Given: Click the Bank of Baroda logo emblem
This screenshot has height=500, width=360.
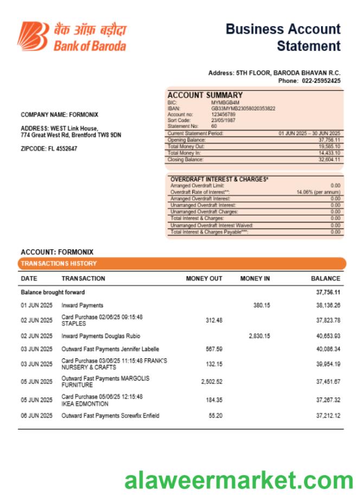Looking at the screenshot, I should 33,36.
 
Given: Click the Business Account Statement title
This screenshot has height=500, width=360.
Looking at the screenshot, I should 283,37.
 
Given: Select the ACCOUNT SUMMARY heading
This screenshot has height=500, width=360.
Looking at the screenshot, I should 197,95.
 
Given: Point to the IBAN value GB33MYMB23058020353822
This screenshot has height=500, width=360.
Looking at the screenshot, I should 243,108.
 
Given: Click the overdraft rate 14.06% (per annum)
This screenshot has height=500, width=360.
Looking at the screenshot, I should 318,192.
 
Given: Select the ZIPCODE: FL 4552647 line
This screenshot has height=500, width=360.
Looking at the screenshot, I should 49,149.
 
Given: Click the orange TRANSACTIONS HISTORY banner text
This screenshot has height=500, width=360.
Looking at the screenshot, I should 59,264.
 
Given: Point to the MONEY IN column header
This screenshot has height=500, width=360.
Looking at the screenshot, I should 255,279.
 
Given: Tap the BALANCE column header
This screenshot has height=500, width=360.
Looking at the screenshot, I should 325,279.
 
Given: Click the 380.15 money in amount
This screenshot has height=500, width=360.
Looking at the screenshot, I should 261,305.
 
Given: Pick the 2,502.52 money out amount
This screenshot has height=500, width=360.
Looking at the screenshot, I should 211,382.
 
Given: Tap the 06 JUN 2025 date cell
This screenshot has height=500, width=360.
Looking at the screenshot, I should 36,416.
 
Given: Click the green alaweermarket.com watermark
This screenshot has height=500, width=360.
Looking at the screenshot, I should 239,480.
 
